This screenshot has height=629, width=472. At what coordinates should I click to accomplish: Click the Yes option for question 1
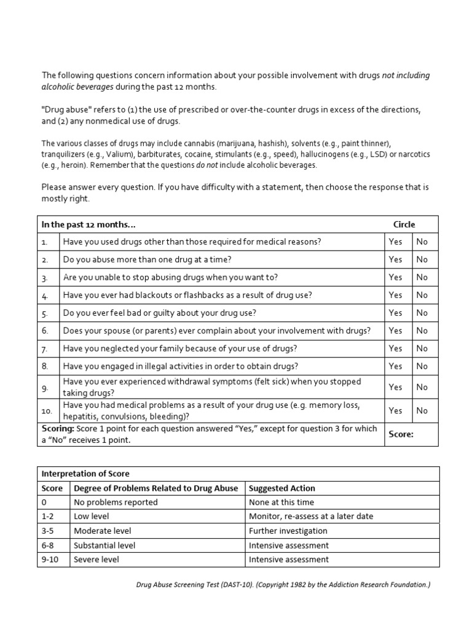pyautogui.click(x=395, y=241)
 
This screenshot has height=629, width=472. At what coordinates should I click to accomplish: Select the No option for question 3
pyautogui.click(x=422, y=277)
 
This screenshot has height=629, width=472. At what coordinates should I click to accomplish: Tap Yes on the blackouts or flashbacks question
pyautogui.click(x=395, y=295)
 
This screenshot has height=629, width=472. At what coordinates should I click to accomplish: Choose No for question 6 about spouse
pyautogui.click(x=422, y=330)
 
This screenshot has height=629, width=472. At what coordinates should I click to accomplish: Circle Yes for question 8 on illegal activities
pyautogui.click(x=395, y=366)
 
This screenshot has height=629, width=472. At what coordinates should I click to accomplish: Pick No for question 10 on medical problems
pyautogui.click(x=422, y=410)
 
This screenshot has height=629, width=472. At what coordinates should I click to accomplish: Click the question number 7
pyautogui.click(x=45, y=348)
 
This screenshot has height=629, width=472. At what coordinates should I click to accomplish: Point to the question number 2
pyautogui.click(x=45, y=260)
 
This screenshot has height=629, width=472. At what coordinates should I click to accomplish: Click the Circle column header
pyautogui.click(x=404, y=224)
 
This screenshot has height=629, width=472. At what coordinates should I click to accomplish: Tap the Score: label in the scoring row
pyautogui.click(x=401, y=434)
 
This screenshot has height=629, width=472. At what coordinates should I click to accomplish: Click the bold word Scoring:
pyautogui.click(x=58, y=428)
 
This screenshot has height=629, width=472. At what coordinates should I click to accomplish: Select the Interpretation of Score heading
pyautogui.click(x=85, y=474)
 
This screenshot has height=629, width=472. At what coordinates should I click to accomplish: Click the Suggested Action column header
pyautogui.click(x=282, y=488)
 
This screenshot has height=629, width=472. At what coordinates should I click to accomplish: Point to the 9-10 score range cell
pyautogui.click(x=50, y=560)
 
